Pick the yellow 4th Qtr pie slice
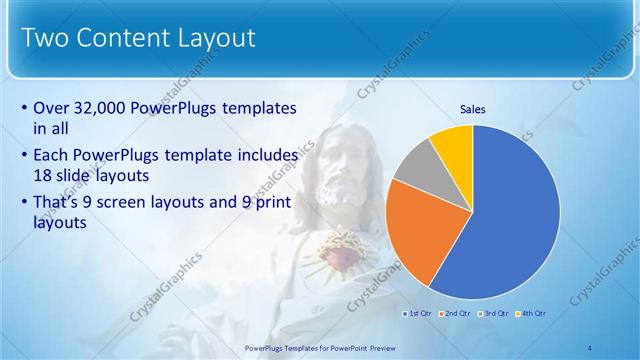(454, 145)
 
